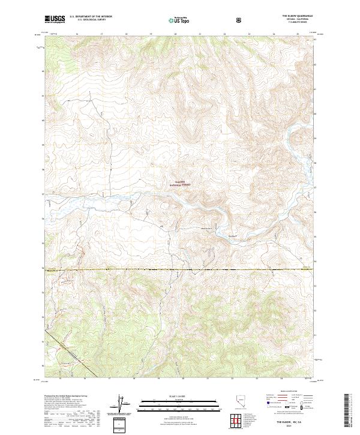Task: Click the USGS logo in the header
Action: click(x=55, y=19)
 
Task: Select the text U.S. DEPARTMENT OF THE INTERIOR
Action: click(x=91, y=16)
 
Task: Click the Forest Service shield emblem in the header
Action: click(x=240, y=19)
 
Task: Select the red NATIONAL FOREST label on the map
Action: click(x=178, y=186)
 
